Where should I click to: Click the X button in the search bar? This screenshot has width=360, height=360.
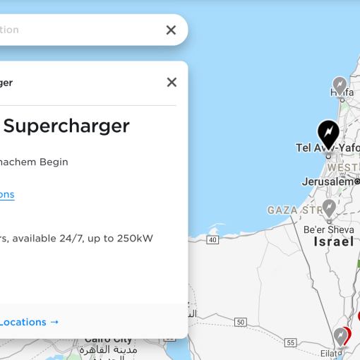pyautogui.click(x=171, y=30)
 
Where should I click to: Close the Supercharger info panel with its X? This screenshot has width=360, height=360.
pyautogui.click(x=172, y=82)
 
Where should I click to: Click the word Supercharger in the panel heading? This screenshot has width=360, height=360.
pyautogui.click(x=68, y=126)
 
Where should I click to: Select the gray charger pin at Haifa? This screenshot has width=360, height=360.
pyautogui.click(x=340, y=85)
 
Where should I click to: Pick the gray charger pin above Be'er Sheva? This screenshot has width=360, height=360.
pyautogui.click(x=328, y=208)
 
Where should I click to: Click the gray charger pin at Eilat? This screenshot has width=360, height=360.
pyautogui.click(x=341, y=336)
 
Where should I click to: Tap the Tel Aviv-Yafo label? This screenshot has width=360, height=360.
pyautogui.click(x=327, y=148)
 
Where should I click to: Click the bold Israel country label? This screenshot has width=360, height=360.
pyautogui.click(x=334, y=241)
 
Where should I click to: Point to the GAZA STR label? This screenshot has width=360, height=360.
pyautogui.click(x=291, y=210)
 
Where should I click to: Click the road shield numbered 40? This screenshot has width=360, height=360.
pyautogui.click(x=212, y=240)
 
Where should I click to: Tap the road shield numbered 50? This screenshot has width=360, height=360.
pyautogui.click(x=241, y=322)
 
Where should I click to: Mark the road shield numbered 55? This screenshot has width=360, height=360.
pyautogui.click(x=291, y=342)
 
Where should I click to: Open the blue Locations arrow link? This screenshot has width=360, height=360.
pyautogui.click(x=29, y=322)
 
